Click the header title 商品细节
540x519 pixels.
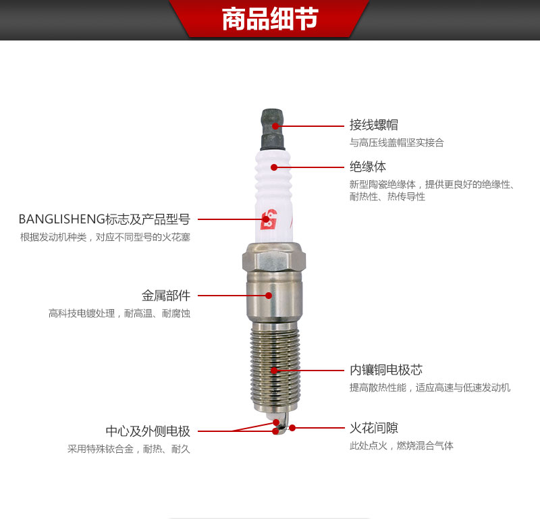tap(270, 19)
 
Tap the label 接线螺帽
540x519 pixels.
tap(373, 125)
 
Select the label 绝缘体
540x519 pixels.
tap(368, 166)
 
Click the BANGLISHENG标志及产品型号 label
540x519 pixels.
tap(105, 219)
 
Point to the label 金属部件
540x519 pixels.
tap(166, 295)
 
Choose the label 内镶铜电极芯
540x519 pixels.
tap(385, 370)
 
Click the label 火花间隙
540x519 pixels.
tap(373, 428)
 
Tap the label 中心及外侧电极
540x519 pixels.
tap(148, 431)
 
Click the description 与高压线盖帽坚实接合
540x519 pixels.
tap(396, 143)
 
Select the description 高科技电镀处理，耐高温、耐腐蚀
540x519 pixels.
tap(119, 313)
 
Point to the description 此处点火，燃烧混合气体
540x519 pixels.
tap(401, 446)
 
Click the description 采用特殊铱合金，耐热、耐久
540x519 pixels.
tap(129, 449)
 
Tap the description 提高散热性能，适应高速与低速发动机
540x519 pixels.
tap(429, 388)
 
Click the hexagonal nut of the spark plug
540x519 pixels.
tap(272, 261)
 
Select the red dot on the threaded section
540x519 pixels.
tap(274, 370)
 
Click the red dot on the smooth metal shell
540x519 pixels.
tap(269, 295)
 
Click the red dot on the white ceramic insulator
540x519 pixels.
tap(274, 167)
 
